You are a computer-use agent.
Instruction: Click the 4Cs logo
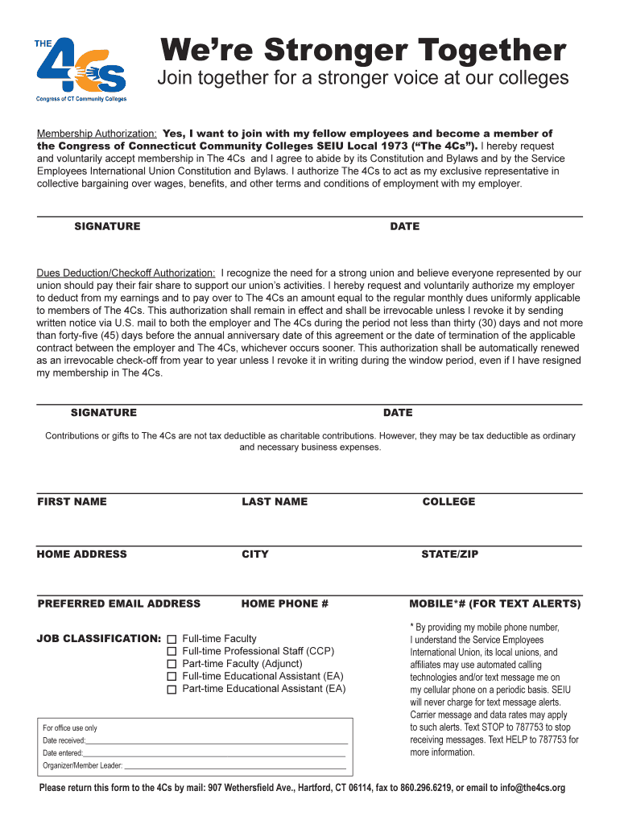click(81, 70)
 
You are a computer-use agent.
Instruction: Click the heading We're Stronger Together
click(363, 51)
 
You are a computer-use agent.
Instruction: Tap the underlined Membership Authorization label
click(97, 134)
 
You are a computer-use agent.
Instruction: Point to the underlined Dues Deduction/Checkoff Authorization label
click(126, 274)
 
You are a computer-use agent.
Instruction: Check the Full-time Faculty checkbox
click(172, 639)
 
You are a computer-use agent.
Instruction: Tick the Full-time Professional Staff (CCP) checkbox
click(172, 652)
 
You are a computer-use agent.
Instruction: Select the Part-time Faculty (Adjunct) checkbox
click(172, 665)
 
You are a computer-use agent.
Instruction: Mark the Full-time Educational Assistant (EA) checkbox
click(172, 678)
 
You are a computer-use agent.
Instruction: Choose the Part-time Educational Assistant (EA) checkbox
click(172, 690)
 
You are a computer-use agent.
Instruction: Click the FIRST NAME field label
click(72, 502)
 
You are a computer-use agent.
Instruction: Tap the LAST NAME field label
click(275, 502)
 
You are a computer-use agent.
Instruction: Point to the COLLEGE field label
click(448, 502)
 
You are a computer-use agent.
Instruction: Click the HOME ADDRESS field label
click(81, 554)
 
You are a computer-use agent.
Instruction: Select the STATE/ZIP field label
click(449, 554)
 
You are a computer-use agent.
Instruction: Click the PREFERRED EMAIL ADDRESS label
click(119, 604)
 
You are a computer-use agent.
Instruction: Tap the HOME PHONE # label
click(285, 604)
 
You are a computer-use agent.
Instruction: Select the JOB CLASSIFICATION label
click(99, 639)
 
